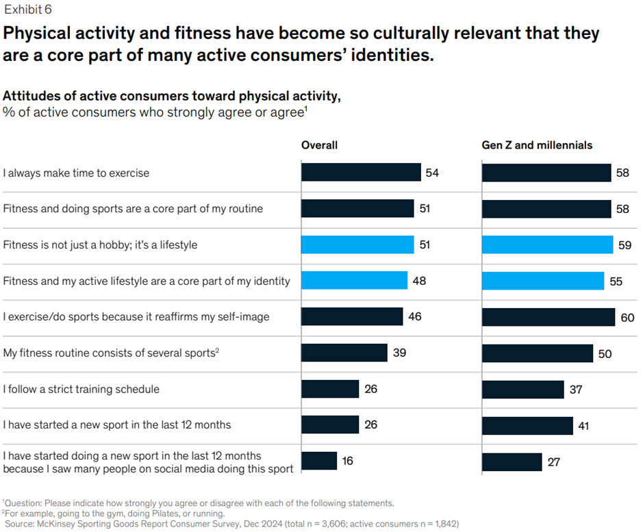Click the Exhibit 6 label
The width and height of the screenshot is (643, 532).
pyautogui.click(x=27, y=10)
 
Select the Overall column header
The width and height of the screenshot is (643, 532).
pyautogui.click(x=319, y=145)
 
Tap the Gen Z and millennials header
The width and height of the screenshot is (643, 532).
pyautogui.click(x=537, y=145)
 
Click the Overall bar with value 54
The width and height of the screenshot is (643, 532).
pyautogui.click(x=361, y=173)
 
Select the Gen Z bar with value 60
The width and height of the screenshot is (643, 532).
pyautogui.click(x=549, y=317)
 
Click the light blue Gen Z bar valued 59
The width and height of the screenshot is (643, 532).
pyautogui.click(x=547, y=244)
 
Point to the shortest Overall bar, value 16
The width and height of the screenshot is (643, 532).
pyautogui.click(x=319, y=461)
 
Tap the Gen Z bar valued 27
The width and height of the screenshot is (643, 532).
pyautogui.click(x=512, y=461)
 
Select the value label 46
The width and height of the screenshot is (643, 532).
pyautogui.click(x=414, y=317)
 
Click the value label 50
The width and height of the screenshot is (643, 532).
pyautogui.click(x=605, y=354)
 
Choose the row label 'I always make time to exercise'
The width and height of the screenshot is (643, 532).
pyautogui.click(x=76, y=173)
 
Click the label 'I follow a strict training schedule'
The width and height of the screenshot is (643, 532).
pyautogui.click(x=81, y=389)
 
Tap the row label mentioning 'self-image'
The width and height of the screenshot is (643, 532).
pyautogui.click(x=136, y=317)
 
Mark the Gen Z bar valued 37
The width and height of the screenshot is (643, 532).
pyautogui.click(x=523, y=390)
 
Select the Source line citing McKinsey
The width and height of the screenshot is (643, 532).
pyautogui.click(x=233, y=524)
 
